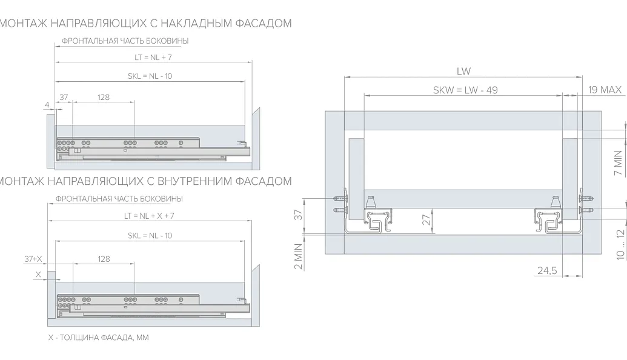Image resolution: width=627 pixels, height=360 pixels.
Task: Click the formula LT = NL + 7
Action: click(153, 57)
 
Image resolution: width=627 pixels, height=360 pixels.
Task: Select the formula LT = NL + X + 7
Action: click(149, 216)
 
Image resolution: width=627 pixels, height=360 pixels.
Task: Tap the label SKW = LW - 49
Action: click(465, 90)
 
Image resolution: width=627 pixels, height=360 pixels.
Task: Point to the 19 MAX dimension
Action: click(605, 90)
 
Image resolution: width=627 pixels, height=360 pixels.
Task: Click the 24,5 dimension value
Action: click(547, 271)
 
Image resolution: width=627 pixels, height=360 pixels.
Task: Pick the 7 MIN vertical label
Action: click(618, 163)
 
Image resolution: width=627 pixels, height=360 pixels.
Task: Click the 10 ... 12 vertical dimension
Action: click(620, 244)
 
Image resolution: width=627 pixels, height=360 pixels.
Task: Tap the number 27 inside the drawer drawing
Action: click(426, 220)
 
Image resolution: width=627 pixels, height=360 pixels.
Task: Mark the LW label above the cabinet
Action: click(464, 71)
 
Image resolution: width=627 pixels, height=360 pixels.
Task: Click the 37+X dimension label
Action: click(33, 259)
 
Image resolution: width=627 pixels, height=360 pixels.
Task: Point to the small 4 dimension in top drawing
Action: click(47, 105)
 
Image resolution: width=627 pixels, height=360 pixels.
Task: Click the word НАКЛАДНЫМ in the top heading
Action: click(196, 23)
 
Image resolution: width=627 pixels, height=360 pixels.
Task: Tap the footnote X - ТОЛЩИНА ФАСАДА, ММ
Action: click(98, 338)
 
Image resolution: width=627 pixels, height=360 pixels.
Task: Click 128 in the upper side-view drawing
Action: click(104, 97)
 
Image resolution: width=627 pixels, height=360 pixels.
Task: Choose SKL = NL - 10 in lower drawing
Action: click(150, 236)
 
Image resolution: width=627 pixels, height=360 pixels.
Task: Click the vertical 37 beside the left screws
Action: click(299, 215)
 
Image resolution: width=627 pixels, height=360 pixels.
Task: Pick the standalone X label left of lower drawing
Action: click(38, 275)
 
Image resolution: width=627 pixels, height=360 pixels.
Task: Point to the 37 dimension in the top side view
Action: click(64, 97)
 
